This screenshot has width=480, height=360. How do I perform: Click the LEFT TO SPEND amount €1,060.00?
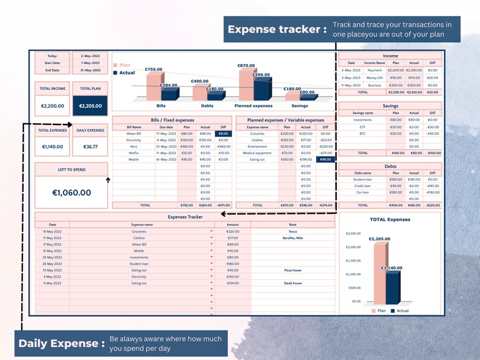pos(71,193)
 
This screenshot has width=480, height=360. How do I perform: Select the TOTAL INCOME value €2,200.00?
pos(53,106)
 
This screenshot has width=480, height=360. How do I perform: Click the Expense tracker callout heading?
pos(277,30)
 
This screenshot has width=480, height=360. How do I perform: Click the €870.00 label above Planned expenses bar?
pos(246,65)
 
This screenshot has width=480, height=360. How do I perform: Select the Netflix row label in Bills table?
pos(134,153)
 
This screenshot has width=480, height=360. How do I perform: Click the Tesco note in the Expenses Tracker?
pos(293,231)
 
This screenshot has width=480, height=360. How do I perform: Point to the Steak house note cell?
pos(293,283)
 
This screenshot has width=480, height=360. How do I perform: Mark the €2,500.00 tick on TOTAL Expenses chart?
pos(353,233)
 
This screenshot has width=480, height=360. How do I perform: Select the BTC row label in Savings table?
pos(362,133)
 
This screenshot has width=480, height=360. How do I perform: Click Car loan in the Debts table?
pos(362,192)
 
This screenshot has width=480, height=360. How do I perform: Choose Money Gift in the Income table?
pos(375,77)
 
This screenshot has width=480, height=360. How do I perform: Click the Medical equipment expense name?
pos(258,153)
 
